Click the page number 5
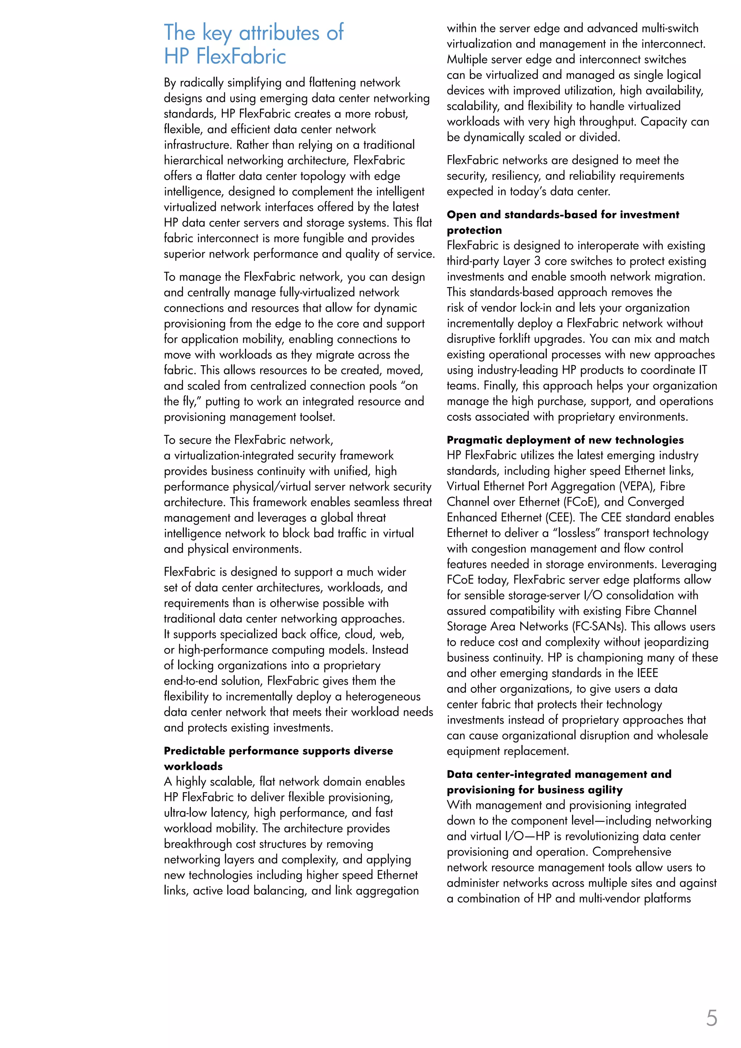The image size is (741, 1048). [711, 1019]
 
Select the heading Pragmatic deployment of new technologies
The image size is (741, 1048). [565, 440]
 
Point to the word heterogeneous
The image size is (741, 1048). [383, 697]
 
